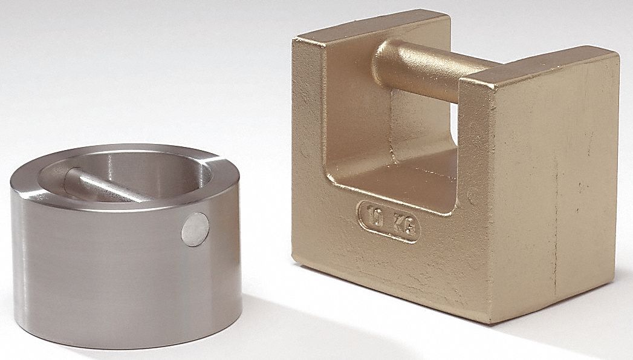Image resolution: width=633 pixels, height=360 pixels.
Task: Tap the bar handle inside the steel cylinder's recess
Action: click(109, 187)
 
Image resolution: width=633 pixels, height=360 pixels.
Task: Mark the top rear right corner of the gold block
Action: click(617, 54)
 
